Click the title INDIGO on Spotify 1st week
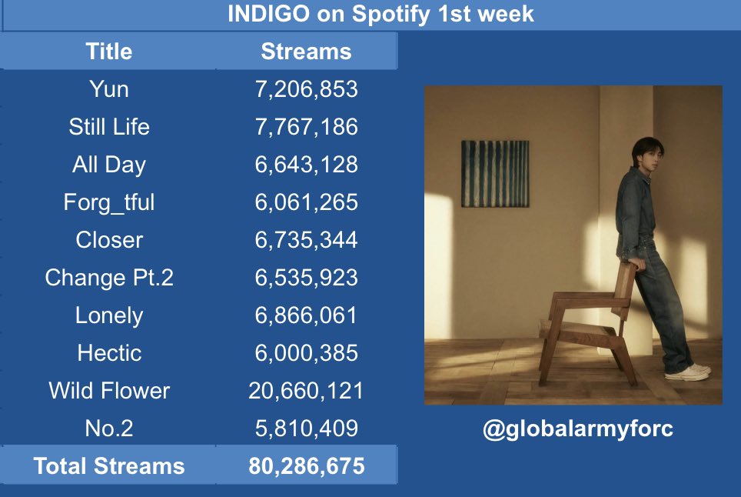[x=380, y=14]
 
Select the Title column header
[x=108, y=51]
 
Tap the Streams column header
[x=306, y=51]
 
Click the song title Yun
[x=108, y=89]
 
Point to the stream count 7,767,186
[x=306, y=127]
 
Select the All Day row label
[x=108, y=165]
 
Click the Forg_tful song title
[x=108, y=202]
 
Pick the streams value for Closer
[x=306, y=240]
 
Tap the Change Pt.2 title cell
[x=108, y=278]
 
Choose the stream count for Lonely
[x=306, y=315]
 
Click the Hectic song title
[x=109, y=353]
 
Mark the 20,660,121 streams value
[x=306, y=391]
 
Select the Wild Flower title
[x=108, y=391]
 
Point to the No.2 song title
[x=108, y=428]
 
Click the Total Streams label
[x=108, y=465]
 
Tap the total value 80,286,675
[x=306, y=465]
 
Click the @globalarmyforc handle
[x=578, y=429]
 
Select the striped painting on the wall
[x=495, y=174]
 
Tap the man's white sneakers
[x=688, y=372]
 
